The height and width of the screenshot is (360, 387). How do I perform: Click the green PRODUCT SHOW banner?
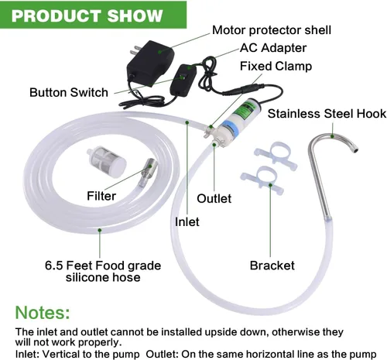point(93,15)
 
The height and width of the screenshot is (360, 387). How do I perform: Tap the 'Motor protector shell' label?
point(272,30)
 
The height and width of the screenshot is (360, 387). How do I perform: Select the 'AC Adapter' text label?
point(273,48)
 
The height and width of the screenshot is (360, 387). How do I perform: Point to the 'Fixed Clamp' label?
point(276,66)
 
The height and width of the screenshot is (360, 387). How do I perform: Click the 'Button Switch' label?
point(69,92)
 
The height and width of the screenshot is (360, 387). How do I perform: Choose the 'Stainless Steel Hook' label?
point(327,114)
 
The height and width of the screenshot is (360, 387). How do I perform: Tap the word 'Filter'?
point(101,196)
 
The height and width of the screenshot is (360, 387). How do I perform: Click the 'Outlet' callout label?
point(214,199)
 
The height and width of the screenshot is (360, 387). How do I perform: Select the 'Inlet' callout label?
point(187,222)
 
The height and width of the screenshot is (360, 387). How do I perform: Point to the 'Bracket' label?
point(272,266)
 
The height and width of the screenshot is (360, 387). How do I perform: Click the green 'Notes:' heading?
point(43,313)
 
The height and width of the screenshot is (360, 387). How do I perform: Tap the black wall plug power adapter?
point(150,63)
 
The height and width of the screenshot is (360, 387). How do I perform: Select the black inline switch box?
point(183,81)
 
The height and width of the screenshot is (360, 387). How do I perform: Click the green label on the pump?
point(242,111)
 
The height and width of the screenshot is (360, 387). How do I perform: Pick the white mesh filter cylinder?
point(107,161)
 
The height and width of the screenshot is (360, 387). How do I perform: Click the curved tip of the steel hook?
point(354,148)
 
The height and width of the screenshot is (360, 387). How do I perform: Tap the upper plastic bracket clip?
point(276,155)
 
